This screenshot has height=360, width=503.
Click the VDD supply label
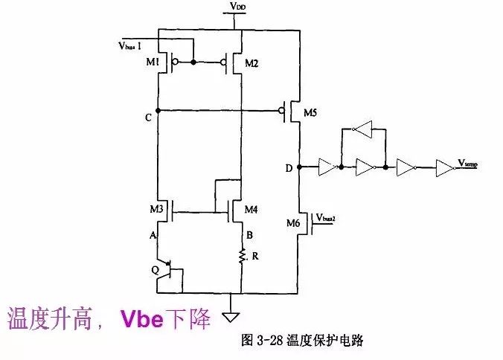point(237,7)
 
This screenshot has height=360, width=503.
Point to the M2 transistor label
point(251,63)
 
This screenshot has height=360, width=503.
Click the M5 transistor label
point(313,113)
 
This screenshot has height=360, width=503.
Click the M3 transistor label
point(156,210)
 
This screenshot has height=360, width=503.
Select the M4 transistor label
point(252,210)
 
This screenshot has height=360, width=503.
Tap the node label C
point(150,118)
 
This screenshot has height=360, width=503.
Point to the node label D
point(289,167)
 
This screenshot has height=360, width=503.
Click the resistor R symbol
point(242,257)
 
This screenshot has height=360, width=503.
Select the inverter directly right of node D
point(327,167)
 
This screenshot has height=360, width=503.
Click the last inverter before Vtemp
point(443,167)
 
